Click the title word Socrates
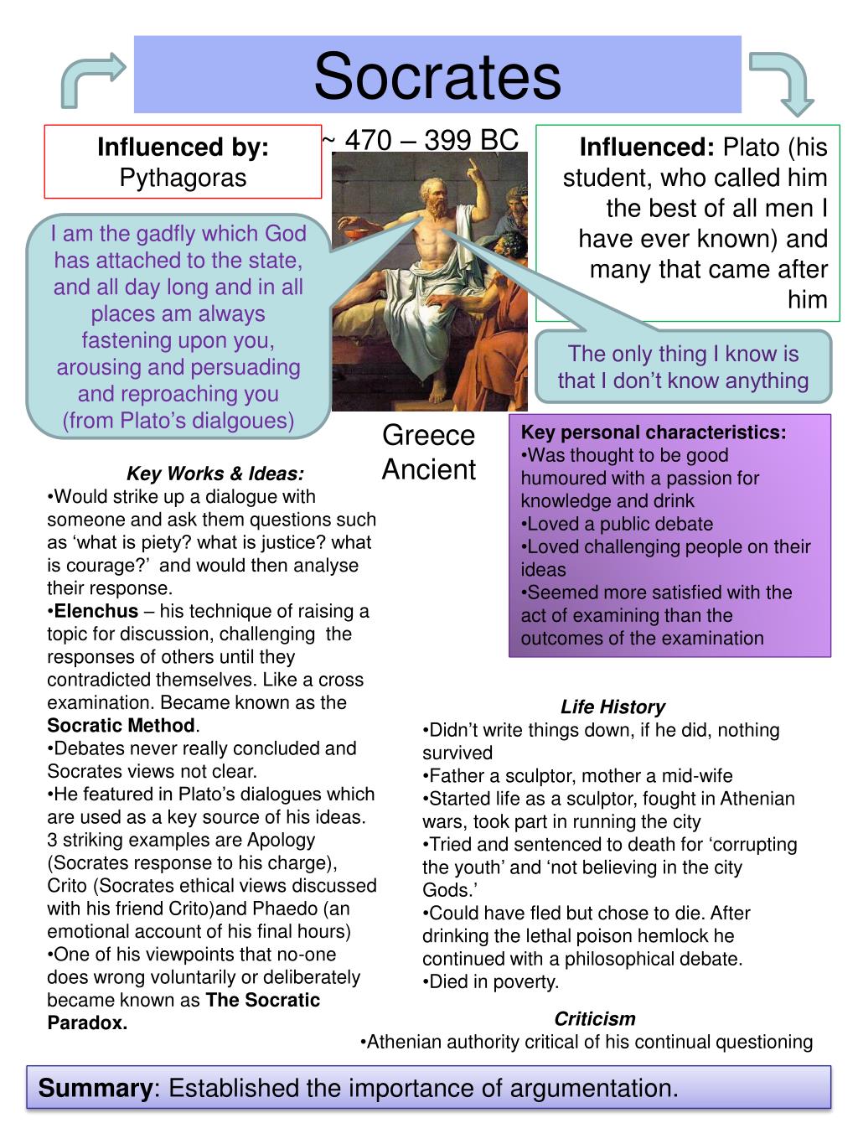point(437,76)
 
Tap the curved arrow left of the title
point(92,79)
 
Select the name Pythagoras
point(183,178)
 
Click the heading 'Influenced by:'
point(183,148)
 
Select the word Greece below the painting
point(428,436)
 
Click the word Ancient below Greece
point(428,469)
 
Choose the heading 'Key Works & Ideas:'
point(215,474)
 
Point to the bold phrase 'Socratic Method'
point(121,725)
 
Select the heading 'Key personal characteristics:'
point(654,432)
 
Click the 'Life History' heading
point(612,707)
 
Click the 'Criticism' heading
point(595,1019)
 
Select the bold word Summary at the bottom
point(93,1089)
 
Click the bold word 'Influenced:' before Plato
point(646,148)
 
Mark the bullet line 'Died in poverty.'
point(491,981)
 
